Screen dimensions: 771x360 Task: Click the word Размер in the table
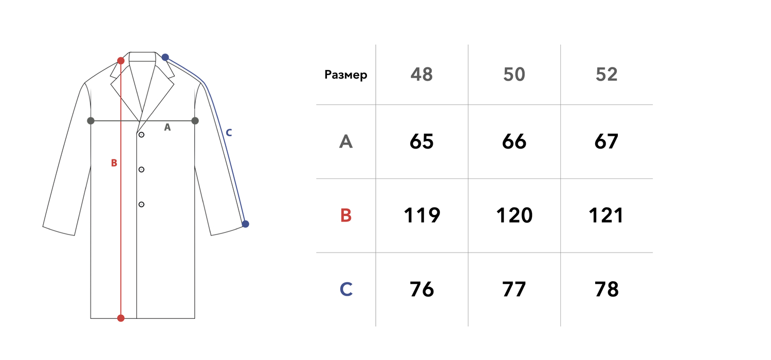coord(345,75)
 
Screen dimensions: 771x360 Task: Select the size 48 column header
coord(421,75)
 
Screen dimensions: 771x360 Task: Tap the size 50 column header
coord(514,75)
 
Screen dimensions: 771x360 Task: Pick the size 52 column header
coord(607,75)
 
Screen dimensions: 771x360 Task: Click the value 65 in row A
coord(421,141)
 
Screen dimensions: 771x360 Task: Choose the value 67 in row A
coord(606,141)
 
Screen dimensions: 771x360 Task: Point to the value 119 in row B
coord(421,215)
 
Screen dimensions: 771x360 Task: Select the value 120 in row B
coord(514,215)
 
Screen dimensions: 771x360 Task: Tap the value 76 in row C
coord(421,290)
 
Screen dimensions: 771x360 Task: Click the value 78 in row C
coord(607,290)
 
